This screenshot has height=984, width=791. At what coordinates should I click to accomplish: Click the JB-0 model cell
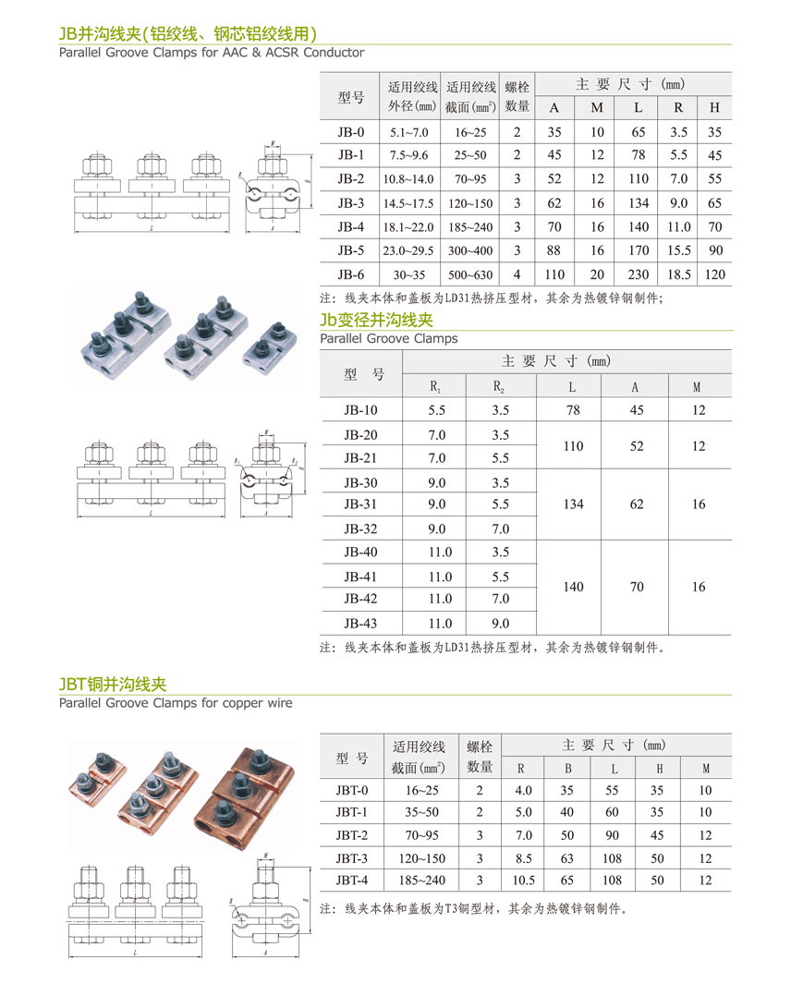pos(351,132)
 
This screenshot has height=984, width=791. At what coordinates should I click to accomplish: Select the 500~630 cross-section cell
pos(469,274)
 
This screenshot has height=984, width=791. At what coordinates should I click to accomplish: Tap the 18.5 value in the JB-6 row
pos(678,274)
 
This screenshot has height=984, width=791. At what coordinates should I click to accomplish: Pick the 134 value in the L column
pos(573,504)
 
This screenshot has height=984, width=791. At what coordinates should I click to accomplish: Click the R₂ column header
pos(499,387)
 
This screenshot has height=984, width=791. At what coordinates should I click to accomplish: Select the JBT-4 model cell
pos(352,880)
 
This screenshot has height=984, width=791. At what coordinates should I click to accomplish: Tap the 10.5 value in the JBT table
pos(523,880)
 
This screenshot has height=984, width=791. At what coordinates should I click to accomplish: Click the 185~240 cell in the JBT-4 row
pos(418,880)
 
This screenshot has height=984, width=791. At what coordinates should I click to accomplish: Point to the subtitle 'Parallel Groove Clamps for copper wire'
pos(176,703)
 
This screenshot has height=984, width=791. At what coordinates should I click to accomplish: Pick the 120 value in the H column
pos(714,274)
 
